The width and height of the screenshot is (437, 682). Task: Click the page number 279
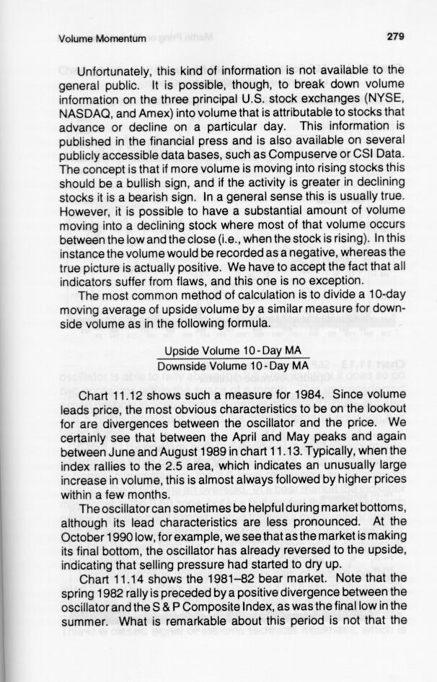click(x=394, y=37)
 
